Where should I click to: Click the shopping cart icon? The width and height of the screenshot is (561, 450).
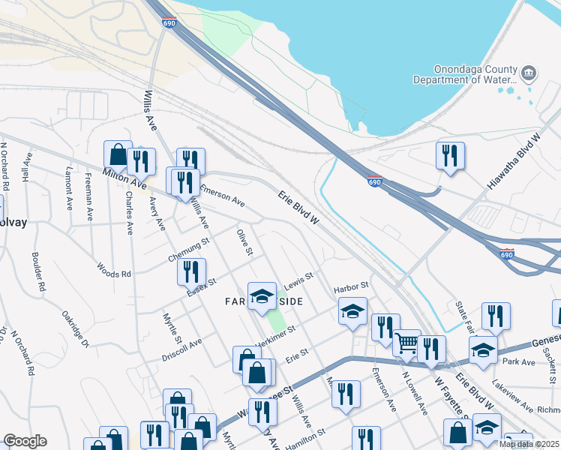click(406, 343)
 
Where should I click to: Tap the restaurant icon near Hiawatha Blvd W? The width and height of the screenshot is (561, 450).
click(450, 156)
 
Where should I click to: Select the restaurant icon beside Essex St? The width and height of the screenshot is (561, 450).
click(191, 272)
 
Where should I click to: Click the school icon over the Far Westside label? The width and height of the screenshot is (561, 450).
click(262, 296)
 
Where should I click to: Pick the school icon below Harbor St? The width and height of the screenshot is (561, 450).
click(352, 311)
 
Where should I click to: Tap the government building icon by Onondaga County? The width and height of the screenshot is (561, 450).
click(529, 73)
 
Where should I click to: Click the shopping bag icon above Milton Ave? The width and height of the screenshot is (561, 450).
click(118, 154)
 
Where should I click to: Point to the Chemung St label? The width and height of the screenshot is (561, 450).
click(187, 247)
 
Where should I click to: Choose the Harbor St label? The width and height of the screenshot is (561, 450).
click(351, 286)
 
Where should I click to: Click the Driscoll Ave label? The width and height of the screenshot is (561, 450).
click(181, 349)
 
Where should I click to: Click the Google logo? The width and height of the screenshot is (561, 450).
click(25, 441)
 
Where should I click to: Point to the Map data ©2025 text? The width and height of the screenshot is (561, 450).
click(529, 444)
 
